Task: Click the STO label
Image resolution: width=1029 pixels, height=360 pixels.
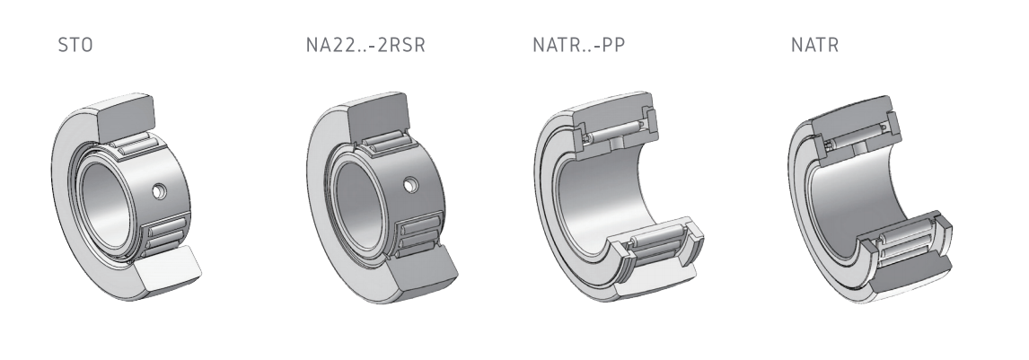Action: [75, 45]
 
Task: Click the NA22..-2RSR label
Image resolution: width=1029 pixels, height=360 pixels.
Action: [365, 45]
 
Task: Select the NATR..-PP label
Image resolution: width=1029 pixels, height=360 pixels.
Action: [579, 45]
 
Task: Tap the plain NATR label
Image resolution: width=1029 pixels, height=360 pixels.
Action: [815, 45]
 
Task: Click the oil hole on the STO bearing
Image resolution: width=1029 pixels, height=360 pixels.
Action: [159, 191]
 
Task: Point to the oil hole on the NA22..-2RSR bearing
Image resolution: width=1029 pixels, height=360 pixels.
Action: [411, 186]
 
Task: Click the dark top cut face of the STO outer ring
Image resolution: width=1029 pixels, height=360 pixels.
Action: [126, 118]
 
